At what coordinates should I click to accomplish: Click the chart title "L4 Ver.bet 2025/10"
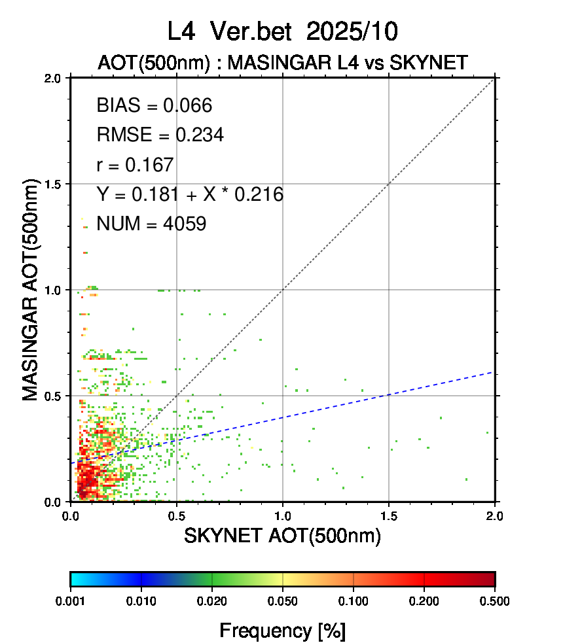tap(282, 31)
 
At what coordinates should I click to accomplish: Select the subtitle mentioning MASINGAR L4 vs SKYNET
tap(282, 63)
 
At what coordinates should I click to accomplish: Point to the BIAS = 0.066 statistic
tap(154, 106)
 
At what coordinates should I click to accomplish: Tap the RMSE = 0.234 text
tap(160, 135)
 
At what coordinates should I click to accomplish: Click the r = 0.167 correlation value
tap(135, 165)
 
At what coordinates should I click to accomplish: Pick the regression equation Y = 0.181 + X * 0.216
tap(190, 194)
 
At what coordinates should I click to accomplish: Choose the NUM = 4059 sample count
tap(151, 224)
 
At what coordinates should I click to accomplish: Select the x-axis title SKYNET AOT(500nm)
tap(282, 536)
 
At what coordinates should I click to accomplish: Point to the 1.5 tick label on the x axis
tap(389, 515)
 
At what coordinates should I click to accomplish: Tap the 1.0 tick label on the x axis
tap(283, 515)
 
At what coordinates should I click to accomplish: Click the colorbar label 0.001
tap(71, 600)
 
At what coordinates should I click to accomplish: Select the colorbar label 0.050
tap(283, 600)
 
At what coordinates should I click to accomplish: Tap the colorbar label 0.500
tap(494, 600)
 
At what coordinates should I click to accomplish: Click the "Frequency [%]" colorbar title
tap(282, 631)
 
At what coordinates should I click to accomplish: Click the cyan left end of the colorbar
tap(75, 579)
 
